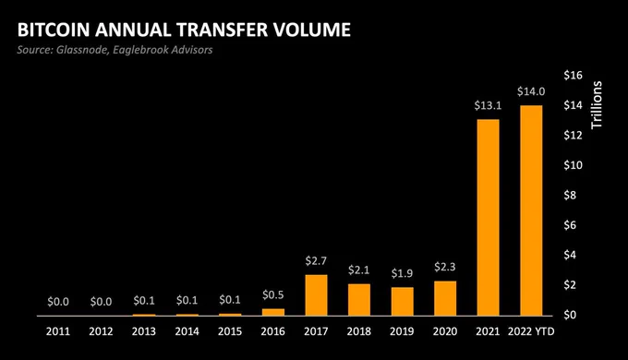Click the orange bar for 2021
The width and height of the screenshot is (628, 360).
click(488, 218)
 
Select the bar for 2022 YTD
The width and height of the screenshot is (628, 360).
click(531, 210)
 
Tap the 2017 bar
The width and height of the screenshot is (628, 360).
click(316, 295)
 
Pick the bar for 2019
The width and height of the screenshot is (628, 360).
click(402, 302)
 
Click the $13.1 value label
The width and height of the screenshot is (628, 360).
click(488, 105)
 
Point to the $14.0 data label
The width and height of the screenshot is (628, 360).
click(531, 91)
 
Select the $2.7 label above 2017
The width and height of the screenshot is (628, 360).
click(316, 261)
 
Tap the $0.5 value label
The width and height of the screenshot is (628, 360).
click(273, 295)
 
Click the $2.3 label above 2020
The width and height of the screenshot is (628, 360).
click(445, 267)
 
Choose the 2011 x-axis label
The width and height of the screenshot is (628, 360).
click(58, 331)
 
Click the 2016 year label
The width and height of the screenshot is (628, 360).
click(273, 331)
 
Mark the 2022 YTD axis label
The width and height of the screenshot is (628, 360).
click(531, 331)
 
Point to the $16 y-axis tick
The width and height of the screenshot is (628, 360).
click(574, 76)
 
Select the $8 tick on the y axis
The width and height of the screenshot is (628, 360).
click(571, 195)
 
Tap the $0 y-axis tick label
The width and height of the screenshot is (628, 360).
click(571, 315)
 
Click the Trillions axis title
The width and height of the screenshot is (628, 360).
click(597, 105)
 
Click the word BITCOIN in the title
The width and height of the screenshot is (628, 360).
click(54, 30)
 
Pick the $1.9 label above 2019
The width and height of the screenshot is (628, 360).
click(402, 273)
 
